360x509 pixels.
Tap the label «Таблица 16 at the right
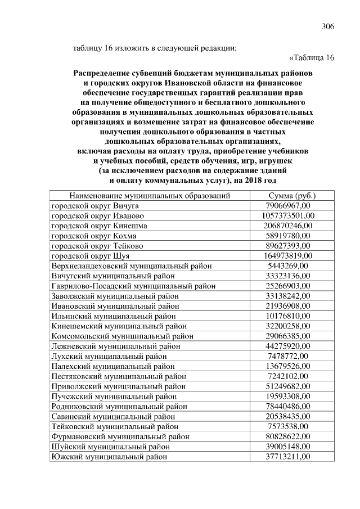(x=311, y=58)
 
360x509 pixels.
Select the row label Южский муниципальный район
(x=109, y=456)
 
